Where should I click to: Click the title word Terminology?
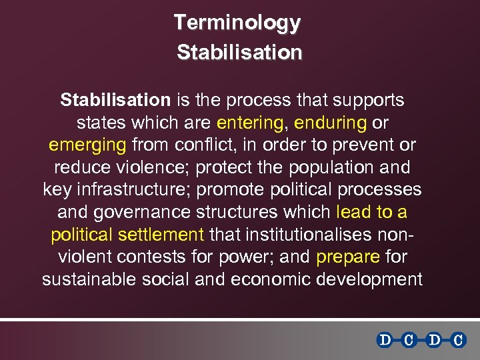tap(237, 23)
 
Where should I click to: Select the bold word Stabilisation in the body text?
tap(115, 100)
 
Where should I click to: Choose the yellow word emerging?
tap(87, 145)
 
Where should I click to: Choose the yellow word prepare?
tap(348, 257)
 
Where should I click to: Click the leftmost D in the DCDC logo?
tap(385, 340)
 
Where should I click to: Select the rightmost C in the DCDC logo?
tap(458, 340)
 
